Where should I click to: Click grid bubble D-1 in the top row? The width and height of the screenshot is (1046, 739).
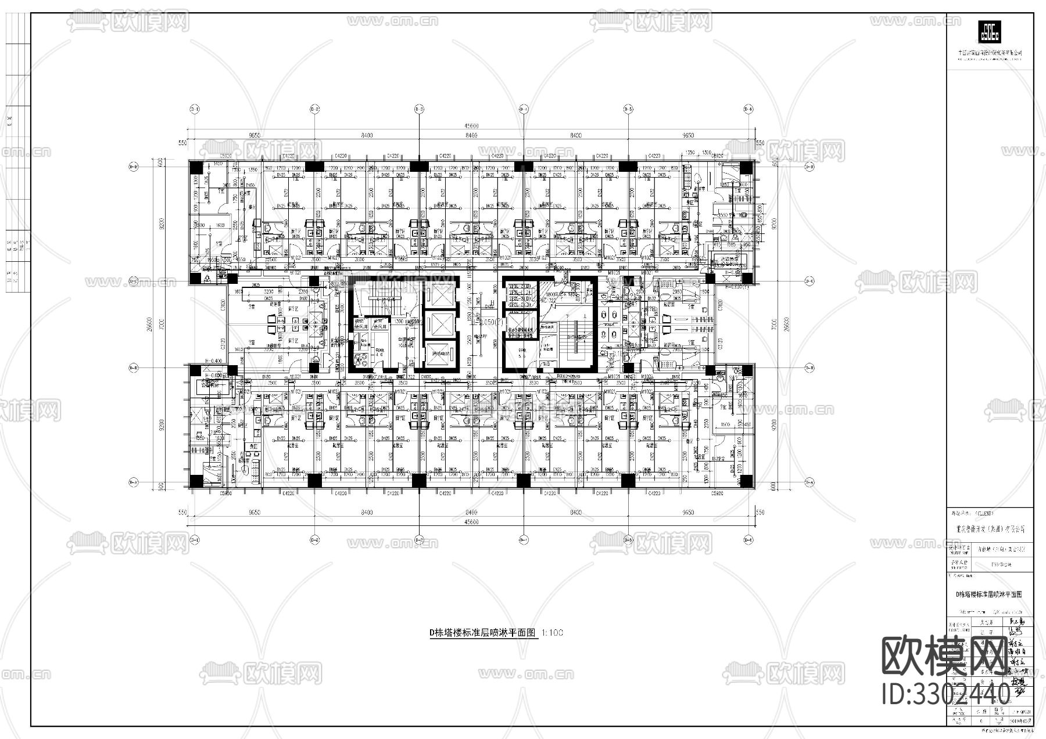tap(195, 109)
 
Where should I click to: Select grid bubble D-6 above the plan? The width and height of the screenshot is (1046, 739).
tap(749, 109)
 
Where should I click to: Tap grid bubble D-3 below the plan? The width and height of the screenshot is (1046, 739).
tap(419, 539)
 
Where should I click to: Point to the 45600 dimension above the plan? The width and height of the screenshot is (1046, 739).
tap(471, 126)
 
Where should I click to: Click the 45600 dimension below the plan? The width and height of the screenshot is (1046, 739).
tap(471, 522)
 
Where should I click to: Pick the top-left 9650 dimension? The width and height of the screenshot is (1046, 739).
tap(255, 135)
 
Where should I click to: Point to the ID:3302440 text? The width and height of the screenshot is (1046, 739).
tap(945, 694)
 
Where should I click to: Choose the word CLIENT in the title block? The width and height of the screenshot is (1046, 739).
tap(984, 513)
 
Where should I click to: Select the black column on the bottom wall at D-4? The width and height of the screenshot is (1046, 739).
tap(523, 480)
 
